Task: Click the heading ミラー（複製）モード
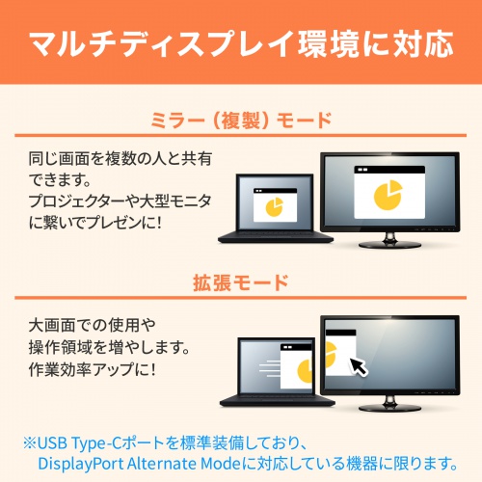[241, 120]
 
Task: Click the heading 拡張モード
[241, 283]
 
